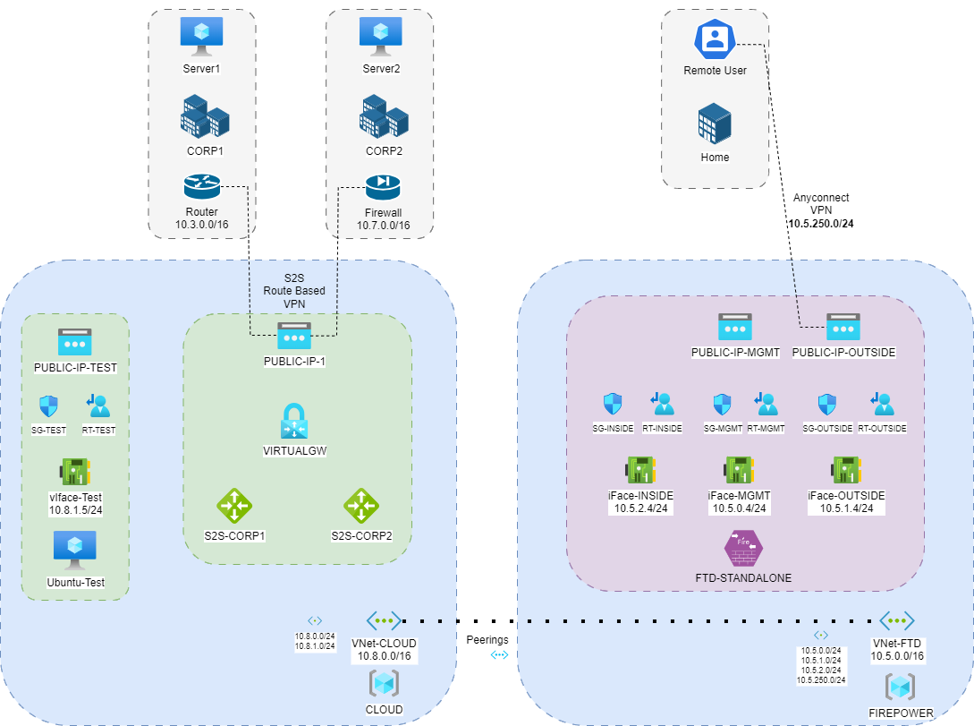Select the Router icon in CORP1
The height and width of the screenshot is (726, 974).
(202, 187)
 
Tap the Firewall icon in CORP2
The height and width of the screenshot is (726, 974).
(383, 187)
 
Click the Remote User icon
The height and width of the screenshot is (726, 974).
(714, 38)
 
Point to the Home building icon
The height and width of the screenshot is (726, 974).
(715, 123)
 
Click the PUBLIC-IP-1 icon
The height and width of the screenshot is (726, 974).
(293, 337)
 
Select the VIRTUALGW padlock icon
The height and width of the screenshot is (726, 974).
(294, 421)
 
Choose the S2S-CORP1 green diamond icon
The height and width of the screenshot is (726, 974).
(235, 507)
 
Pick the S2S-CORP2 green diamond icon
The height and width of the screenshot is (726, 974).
(362, 507)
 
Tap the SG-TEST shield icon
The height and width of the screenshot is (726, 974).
(48, 406)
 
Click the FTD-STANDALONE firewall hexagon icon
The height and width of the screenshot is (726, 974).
(743, 548)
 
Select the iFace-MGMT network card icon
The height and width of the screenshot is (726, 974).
(740, 469)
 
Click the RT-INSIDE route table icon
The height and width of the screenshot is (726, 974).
(663, 405)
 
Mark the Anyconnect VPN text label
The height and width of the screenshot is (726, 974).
(820, 204)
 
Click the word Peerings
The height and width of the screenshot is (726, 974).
(487, 640)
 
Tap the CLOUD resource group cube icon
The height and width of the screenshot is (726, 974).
(384, 684)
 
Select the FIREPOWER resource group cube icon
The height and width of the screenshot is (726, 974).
(899, 688)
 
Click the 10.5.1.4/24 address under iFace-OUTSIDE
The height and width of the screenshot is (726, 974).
(846, 508)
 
